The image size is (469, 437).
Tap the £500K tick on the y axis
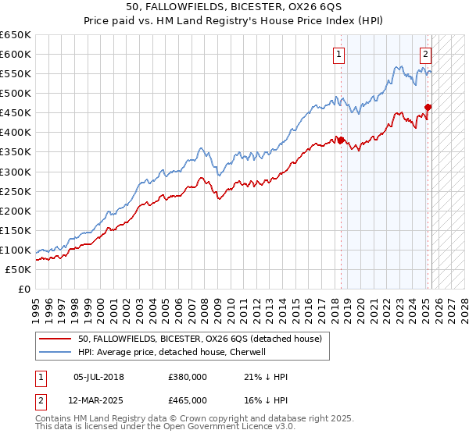16,94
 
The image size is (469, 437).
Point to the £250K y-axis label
16,191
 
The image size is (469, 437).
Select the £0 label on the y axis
23,289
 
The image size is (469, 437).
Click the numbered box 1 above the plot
339,55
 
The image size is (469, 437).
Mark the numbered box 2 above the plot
425,55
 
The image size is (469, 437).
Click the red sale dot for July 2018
341,140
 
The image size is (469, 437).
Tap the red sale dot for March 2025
428,107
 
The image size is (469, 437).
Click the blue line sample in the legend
56,352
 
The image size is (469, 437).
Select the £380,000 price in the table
188,377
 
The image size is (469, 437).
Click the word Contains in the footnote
53,420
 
